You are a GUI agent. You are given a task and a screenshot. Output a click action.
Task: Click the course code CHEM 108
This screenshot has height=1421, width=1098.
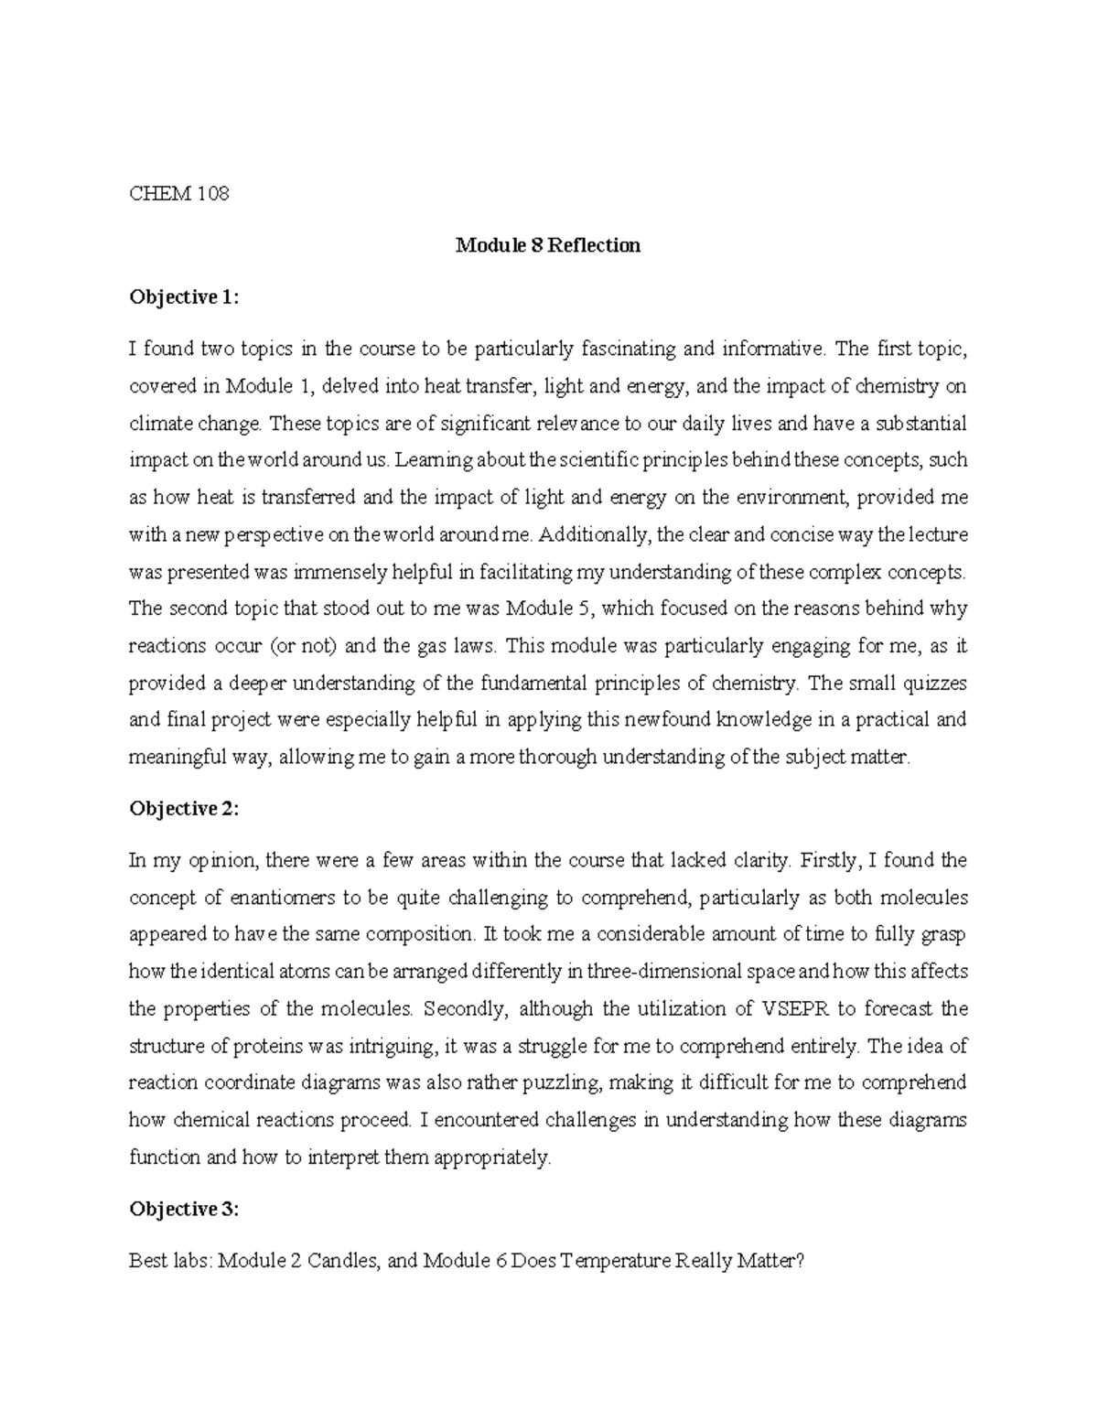178,194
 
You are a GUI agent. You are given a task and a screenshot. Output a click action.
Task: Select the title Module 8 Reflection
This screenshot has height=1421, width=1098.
548,245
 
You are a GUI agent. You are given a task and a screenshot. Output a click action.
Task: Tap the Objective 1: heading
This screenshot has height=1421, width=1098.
185,297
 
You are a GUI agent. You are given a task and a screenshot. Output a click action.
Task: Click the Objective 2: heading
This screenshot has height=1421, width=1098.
185,809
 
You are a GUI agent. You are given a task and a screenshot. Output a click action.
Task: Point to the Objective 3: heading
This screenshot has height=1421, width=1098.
185,1210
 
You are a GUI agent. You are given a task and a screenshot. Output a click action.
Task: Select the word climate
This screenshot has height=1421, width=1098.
156,424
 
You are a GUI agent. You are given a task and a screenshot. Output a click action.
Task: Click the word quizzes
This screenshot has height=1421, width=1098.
934,684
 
